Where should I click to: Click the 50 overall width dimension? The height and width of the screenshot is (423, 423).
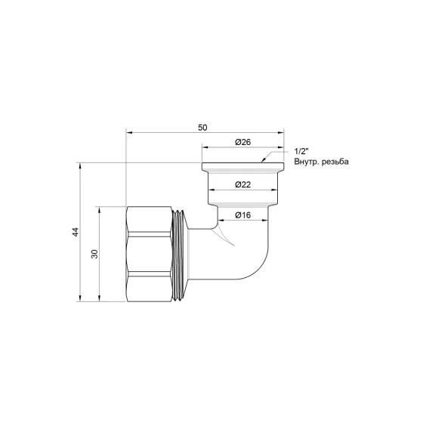click(x=202, y=128)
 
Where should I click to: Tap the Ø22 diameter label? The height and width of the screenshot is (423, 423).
click(x=242, y=184)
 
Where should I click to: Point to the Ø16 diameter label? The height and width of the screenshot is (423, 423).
click(x=242, y=216)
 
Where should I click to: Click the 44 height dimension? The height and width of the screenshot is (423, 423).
click(x=75, y=232)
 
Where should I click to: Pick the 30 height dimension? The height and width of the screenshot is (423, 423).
click(x=94, y=254)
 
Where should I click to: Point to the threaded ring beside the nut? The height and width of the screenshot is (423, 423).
click(x=180, y=254)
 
